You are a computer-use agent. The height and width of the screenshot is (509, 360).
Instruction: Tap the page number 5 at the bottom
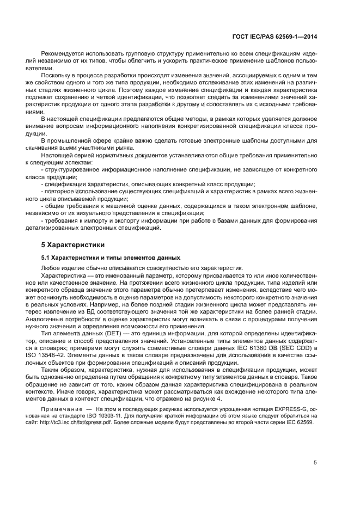[x=315, y=463]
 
